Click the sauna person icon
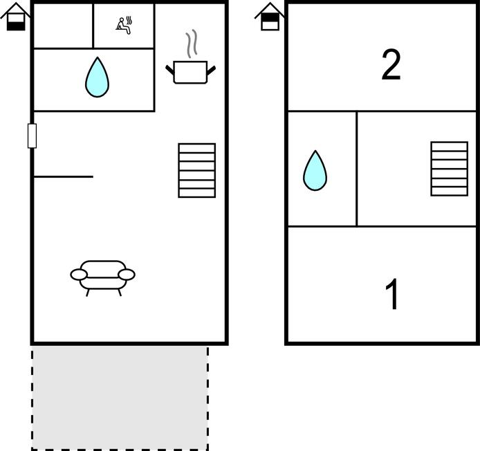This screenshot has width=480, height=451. pos(124,26)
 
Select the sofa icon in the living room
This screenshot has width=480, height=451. pos(102,278)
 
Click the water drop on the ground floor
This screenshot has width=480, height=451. pos(97,77)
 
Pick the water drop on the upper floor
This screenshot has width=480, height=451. pos(315,171)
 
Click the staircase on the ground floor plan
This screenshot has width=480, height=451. pos(197,171)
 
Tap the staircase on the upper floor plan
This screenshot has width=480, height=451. pos(450,169)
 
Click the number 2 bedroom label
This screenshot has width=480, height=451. pos(391,65)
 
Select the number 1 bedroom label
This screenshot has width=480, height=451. pos(392,294)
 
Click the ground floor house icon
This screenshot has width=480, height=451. pos(16,17)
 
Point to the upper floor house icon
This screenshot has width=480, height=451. pos(270,17)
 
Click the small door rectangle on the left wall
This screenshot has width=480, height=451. pos(32,136)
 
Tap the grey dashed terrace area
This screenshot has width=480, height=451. pos(120,398)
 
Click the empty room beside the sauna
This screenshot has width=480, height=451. pos(63,26)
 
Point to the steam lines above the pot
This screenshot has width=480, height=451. pos(192,44)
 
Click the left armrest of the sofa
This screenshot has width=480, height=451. pos(79,275)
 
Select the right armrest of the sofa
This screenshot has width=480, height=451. pos(127,275)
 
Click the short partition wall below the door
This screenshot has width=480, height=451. pos(64,176)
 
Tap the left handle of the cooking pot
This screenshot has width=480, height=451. pos(170,69)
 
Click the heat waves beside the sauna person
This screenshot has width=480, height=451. pos(129,21)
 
